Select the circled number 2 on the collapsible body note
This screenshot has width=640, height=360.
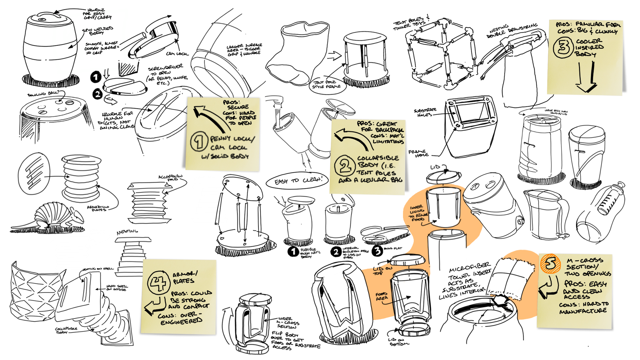pyautogui.click(x=345, y=165)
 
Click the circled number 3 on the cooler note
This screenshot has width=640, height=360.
pyautogui.click(x=563, y=47)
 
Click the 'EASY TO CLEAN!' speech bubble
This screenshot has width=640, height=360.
pyautogui.click(x=297, y=181)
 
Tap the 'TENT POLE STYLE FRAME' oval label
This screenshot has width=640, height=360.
pyautogui.click(x=326, y=84)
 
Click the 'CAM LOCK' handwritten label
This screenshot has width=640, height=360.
pyautogui.click(x=177, y=54)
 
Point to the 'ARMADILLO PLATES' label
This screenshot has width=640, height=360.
pyautogui.click(x=98, y=208)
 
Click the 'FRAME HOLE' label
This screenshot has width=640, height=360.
pyautogui.click(x=419, y=153)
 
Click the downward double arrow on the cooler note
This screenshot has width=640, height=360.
pyautogui.click(x=586, y=77)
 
